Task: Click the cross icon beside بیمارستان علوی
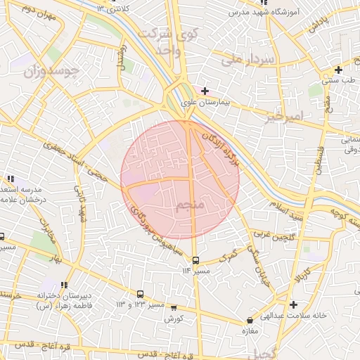point(205,91)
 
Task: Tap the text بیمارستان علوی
point(211,103)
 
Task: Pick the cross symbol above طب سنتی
point(339,70)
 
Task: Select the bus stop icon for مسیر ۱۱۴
point(195,259)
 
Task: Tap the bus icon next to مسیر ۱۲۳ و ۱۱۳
point(140,294)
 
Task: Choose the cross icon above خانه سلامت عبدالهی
point(293,304)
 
